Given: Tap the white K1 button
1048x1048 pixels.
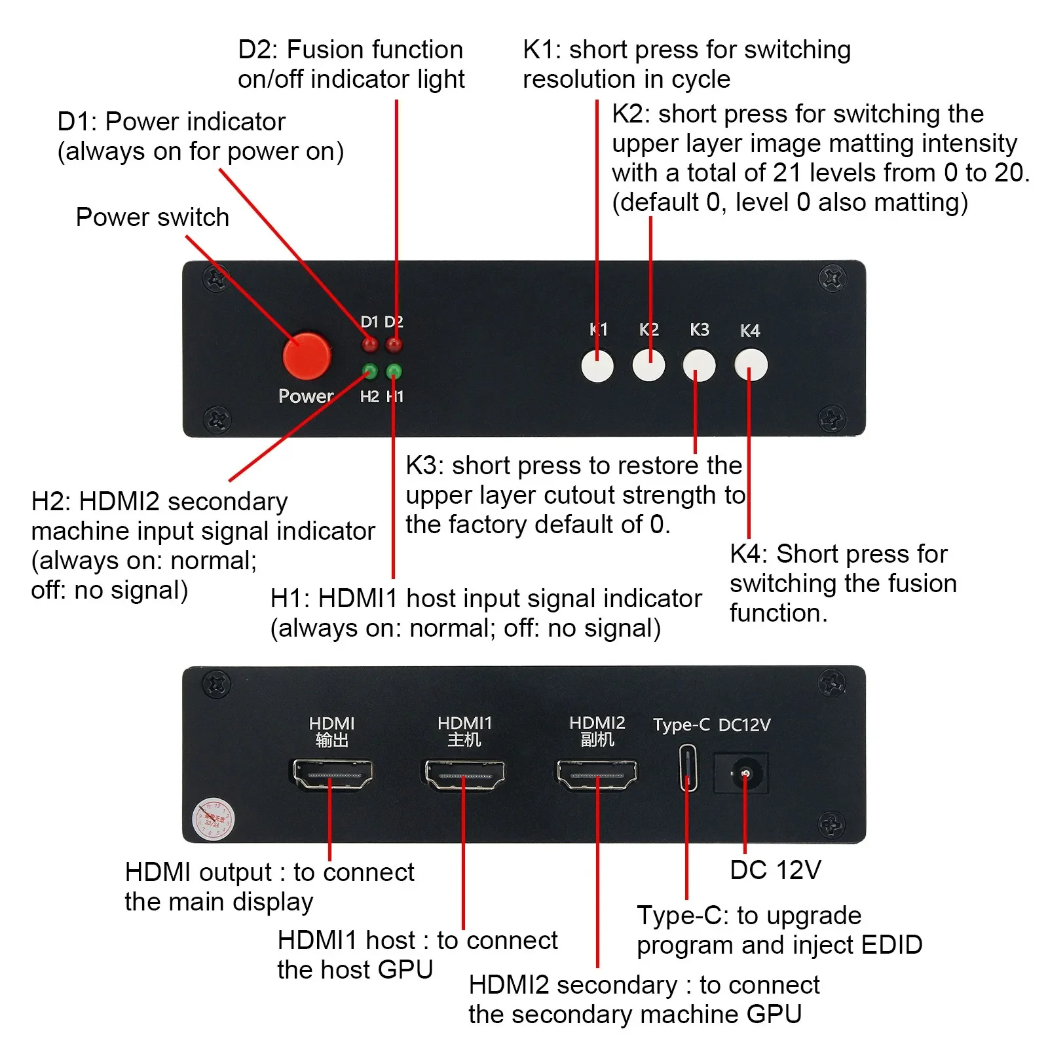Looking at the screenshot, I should tap(597, 365).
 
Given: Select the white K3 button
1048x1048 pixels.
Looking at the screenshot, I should tap(699, 365).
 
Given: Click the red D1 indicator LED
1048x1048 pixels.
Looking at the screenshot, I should tap(370, 345).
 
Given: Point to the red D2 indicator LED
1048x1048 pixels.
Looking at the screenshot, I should tap(394, 345).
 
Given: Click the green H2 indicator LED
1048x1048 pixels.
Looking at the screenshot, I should tap(369, 371).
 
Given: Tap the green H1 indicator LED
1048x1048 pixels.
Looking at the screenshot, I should tap(394, 371).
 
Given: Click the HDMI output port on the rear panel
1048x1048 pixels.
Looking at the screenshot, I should tap(332, 774).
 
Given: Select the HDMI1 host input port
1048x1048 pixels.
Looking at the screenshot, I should tap(464, 774).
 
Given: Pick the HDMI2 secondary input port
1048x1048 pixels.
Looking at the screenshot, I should tap(597, 774).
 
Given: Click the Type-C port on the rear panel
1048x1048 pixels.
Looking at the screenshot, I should tap(687, 768).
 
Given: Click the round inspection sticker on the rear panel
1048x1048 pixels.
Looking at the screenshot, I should tap(213, 819).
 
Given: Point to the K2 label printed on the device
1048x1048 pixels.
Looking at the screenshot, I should tap(648, 329).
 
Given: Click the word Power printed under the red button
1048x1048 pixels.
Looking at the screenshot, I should tap(306, 396).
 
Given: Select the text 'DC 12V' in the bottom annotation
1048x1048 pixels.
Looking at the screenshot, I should tap(775, 870).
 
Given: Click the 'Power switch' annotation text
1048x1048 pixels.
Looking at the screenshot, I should tap(152, 217).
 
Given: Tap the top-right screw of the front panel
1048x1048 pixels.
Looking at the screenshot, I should tap(832, 279).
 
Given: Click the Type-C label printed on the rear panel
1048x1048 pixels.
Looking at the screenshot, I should tap(681, 725).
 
